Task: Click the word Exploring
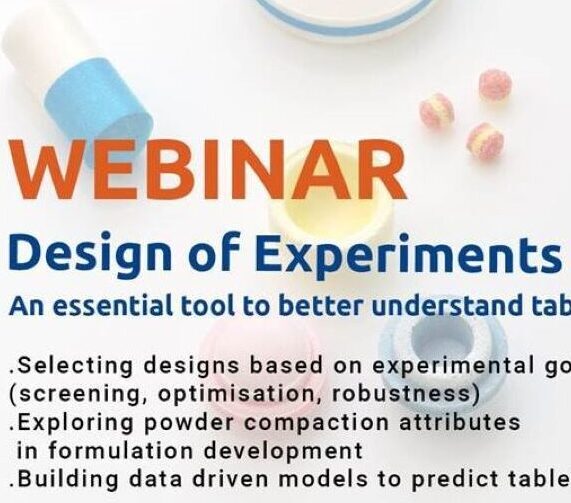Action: (59, 423)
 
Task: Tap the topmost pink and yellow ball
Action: (494, 84)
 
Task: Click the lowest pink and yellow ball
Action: (485, 140)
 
